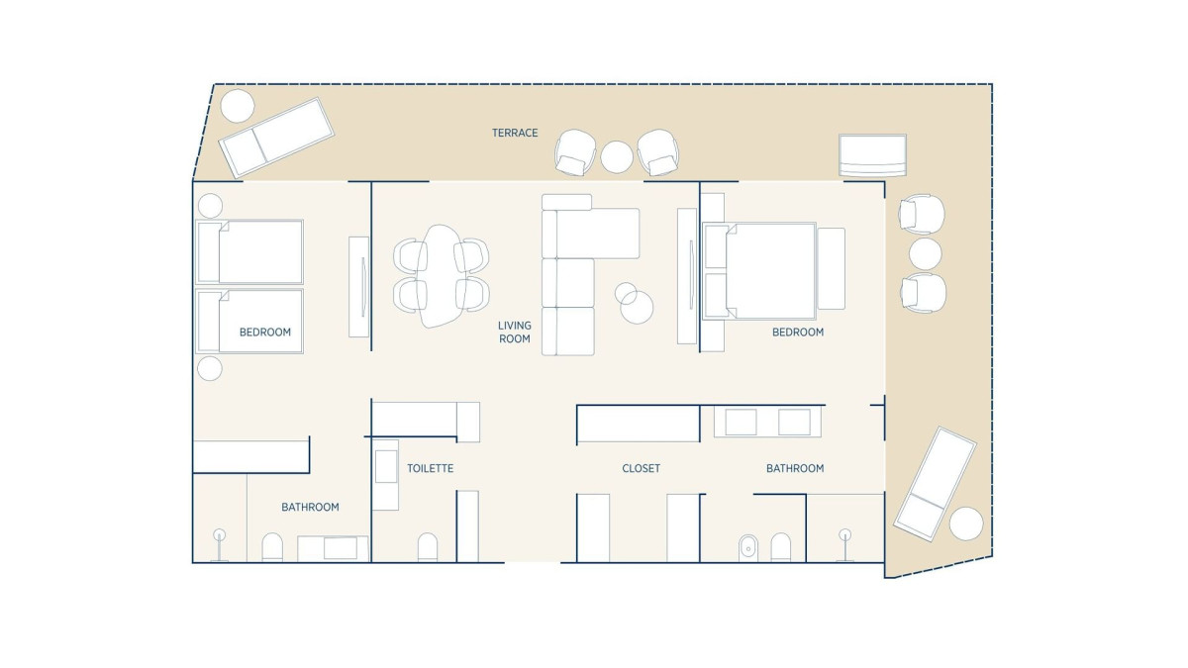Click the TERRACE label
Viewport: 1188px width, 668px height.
click(515, 133)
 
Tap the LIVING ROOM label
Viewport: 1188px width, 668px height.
click(515, 332)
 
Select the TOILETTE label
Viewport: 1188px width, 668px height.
click(430, 469)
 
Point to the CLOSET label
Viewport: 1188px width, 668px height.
click(642, 469)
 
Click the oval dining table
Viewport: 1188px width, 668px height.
click(441, 276)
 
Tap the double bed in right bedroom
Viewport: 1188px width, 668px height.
click(759, 271)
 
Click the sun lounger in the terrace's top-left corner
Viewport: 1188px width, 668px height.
click(276, 137)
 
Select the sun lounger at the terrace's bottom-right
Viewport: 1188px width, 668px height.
click(935, 484)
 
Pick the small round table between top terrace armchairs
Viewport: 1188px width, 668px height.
click(616, 157)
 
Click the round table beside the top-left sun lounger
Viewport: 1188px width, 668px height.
click(237, 106)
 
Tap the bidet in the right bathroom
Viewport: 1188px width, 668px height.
click(748, 547)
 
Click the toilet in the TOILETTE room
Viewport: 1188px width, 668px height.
click(428, 546)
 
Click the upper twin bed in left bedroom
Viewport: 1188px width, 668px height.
click(249, 251)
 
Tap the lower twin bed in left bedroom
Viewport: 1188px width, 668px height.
click(249, 321)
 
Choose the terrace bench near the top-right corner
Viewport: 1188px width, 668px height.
click(872, 154)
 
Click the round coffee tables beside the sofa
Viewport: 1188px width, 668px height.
click(635, 303)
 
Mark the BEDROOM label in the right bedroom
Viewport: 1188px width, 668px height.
click(798, 333)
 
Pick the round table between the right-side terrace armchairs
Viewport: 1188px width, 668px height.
click(925, 253)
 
